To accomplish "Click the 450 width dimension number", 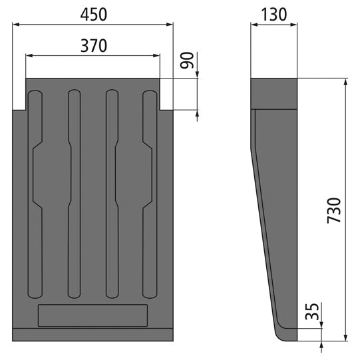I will point(93,13).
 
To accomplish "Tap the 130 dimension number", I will point(273,13).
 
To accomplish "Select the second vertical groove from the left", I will point(75,193).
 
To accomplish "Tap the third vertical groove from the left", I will point(112,193).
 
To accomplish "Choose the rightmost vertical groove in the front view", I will point(150,193).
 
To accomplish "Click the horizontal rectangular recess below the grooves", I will point(92,315).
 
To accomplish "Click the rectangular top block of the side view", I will point(273,93).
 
